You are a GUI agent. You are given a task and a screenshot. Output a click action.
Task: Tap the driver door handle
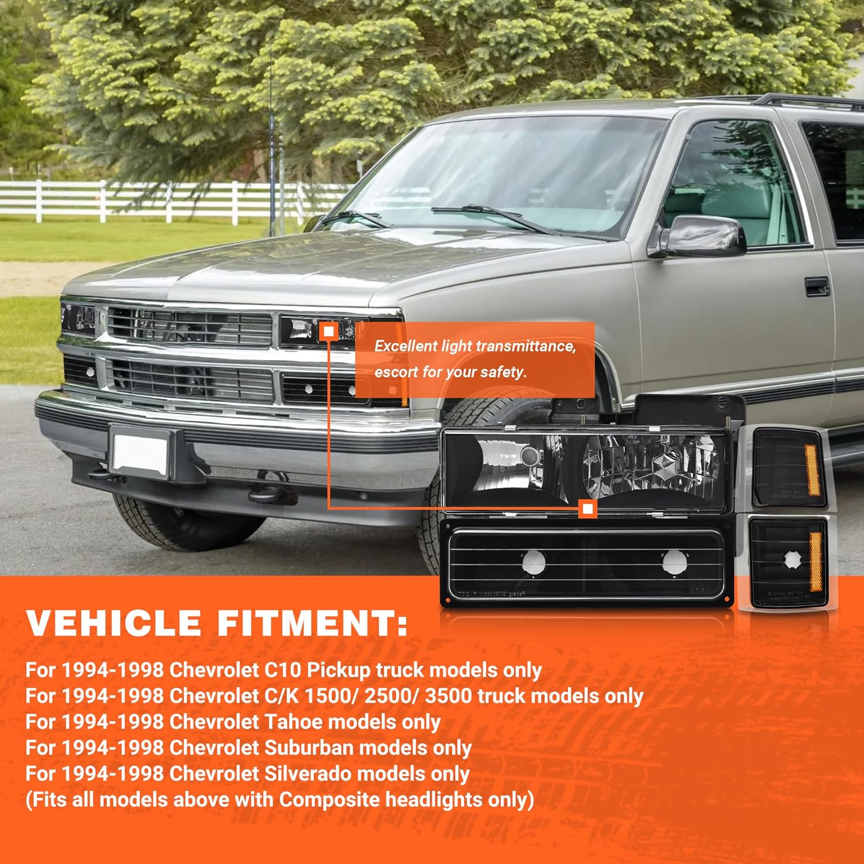coord(817,286)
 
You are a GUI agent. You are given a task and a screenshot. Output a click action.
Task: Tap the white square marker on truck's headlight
coord(329,332)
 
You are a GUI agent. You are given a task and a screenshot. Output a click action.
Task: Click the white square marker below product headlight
coord(588,509)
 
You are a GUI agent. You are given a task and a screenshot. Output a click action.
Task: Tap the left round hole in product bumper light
coord(534,561)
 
